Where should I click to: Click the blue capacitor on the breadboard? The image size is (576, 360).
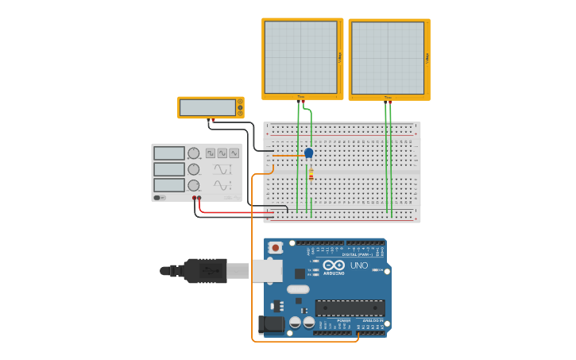click(308, 153)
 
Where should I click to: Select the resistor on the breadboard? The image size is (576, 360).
click(311, 173)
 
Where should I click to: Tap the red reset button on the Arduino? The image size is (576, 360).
click(275, 248)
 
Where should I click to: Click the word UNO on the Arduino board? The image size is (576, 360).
click(359, 265)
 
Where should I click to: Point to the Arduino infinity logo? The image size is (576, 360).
click(334, 265)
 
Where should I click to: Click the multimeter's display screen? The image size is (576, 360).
click(207, 107)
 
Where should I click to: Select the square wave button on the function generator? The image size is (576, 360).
click(210, 153)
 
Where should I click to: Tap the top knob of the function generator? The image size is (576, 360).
click(193, 153)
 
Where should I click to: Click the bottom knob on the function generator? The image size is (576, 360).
click(193, 185)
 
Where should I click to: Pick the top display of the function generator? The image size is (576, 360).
click(168, 153)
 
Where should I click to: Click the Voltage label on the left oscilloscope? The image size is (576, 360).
click(340, 57)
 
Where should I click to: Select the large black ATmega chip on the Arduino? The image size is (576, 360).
click(350, 308)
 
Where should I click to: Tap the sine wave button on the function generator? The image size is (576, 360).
click(234, 153)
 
